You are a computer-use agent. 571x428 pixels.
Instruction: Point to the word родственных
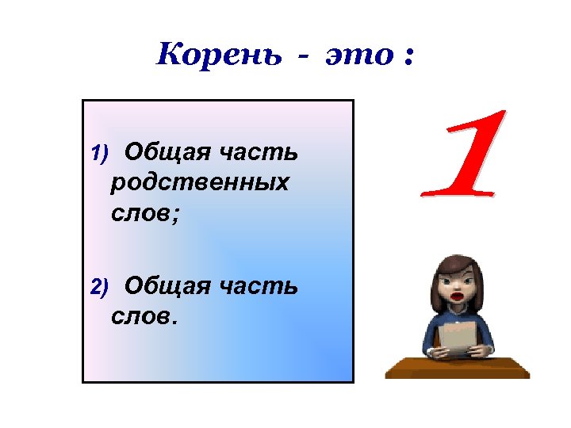click(201, 183)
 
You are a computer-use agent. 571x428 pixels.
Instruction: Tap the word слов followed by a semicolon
click(142, 215)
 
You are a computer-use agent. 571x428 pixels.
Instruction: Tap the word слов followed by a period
click(142, 318)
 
